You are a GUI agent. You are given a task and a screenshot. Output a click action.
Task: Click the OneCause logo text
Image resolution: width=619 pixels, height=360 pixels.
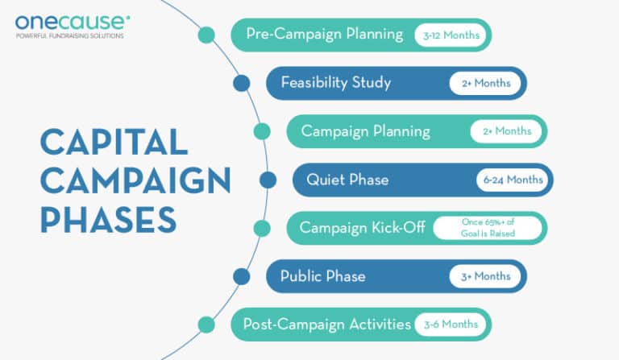(x=70, y=21)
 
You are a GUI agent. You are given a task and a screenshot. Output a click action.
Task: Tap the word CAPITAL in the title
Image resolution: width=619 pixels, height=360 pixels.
(x=114, y=143)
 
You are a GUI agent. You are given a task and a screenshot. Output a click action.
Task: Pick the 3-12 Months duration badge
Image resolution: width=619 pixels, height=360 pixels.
(x=451, y=35)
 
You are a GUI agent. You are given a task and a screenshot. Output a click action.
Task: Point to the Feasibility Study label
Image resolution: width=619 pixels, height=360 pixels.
(x=335, y=83)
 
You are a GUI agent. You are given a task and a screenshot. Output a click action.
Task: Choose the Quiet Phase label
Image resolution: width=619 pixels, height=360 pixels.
(x=347, y=180)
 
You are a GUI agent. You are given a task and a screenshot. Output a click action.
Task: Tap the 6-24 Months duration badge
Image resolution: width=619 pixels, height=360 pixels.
(x=511, y=180)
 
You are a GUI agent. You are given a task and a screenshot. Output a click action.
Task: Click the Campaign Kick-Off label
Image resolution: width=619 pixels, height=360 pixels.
(x=362, y=228)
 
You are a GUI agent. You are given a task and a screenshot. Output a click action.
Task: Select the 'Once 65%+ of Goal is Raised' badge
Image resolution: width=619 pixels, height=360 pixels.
(x=488, y=228)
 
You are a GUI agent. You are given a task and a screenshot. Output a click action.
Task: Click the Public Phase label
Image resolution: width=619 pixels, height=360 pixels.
(x=322, y=276)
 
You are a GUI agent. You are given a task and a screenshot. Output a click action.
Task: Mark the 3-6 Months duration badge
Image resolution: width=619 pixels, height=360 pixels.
(x=451, y=325)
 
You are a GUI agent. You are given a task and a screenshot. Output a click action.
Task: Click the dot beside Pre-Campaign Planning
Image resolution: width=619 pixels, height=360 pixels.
(x=206, y=35)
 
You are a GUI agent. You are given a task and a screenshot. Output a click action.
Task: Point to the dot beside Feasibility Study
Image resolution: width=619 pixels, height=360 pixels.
(x=241, y=83)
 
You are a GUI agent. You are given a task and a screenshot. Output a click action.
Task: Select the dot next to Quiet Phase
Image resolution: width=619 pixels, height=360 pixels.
(x=268, y=180)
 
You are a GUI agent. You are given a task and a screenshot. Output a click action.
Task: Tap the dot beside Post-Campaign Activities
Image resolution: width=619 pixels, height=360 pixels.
(x=206, y=325)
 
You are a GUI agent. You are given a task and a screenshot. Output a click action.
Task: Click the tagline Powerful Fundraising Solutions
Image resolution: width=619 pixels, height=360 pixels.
(x=70, y=36)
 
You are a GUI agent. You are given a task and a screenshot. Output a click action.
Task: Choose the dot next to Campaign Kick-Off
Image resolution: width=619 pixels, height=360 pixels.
(x=262, y=228)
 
